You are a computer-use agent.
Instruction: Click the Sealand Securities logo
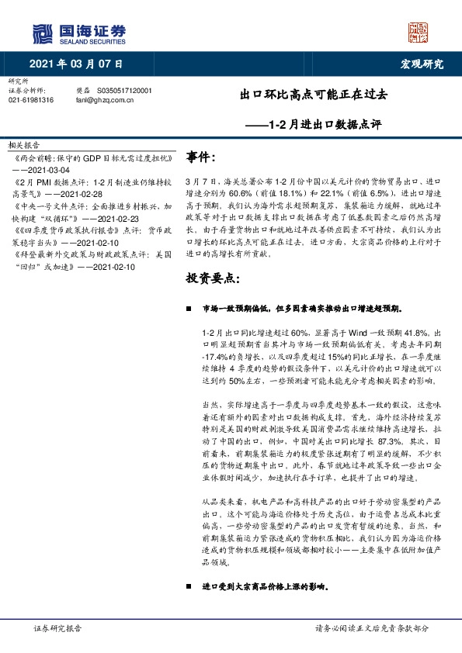pos(78,33)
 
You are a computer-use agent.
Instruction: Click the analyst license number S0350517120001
pos(125,91)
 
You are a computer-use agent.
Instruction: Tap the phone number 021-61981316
pos(31,100)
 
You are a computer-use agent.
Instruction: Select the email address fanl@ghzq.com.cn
pos(106,100)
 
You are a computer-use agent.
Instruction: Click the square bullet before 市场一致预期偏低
pos(189,308)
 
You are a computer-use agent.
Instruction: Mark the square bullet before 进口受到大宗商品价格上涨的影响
pos(189,586)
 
